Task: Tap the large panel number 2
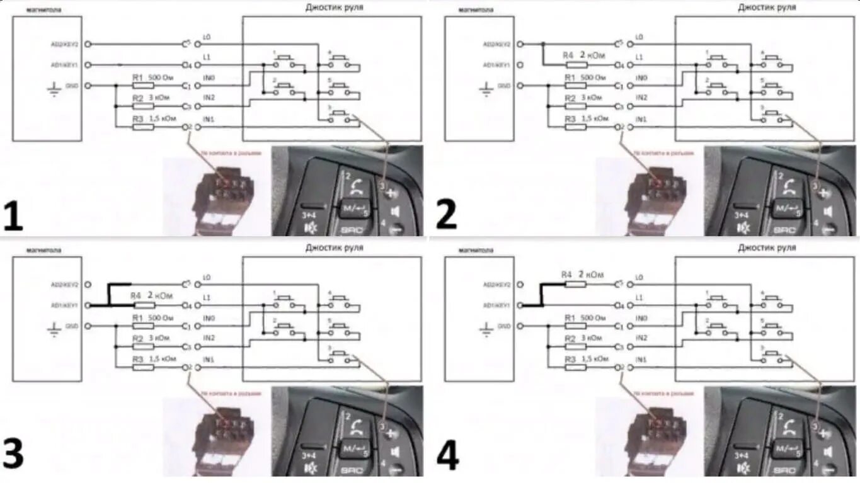tap(446, 216)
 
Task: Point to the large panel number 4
tap(447, 455)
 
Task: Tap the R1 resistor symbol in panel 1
tap(144, 86)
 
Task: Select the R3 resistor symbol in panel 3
tap(144, 367)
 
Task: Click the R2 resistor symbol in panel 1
tap(144, 106)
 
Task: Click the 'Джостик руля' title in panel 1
tap(334, 8)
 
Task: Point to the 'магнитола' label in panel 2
tap(476, 10)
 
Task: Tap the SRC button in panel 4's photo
tap(784, 470)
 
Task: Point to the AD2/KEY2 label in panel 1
tap(64, 44)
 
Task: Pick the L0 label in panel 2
tap(639, 37)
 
